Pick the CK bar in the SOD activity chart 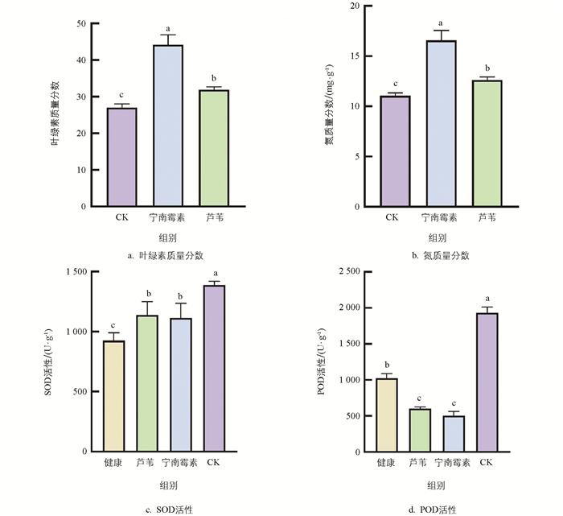(214, 369)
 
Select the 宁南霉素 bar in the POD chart (453, 434)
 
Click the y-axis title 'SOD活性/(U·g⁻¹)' (49, 361)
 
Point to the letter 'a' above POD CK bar (487, 299)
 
